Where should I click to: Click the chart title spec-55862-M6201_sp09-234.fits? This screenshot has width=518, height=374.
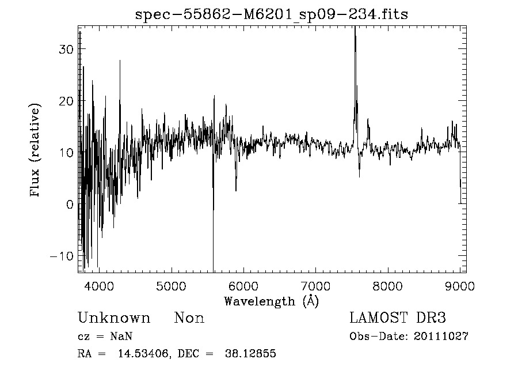(x=271, y=15)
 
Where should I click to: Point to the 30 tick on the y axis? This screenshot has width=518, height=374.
(x=66, y=49)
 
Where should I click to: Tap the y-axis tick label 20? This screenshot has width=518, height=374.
(x=66, y=101)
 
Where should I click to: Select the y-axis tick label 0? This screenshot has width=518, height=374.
(x=69, y=204)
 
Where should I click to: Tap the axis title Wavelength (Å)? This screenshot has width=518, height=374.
(x=271, y=301)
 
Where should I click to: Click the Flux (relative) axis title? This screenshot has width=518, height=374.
(x=36, y=150)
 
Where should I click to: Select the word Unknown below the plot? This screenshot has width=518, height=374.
(x=114, y=318)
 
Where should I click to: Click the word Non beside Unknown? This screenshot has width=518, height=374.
(x=189, y=318)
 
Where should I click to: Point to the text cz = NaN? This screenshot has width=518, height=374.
(x=106, y=337)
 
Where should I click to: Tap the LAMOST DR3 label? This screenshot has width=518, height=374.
(x=397, y=318)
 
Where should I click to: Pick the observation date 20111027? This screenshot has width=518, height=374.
(x=440, y=337)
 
